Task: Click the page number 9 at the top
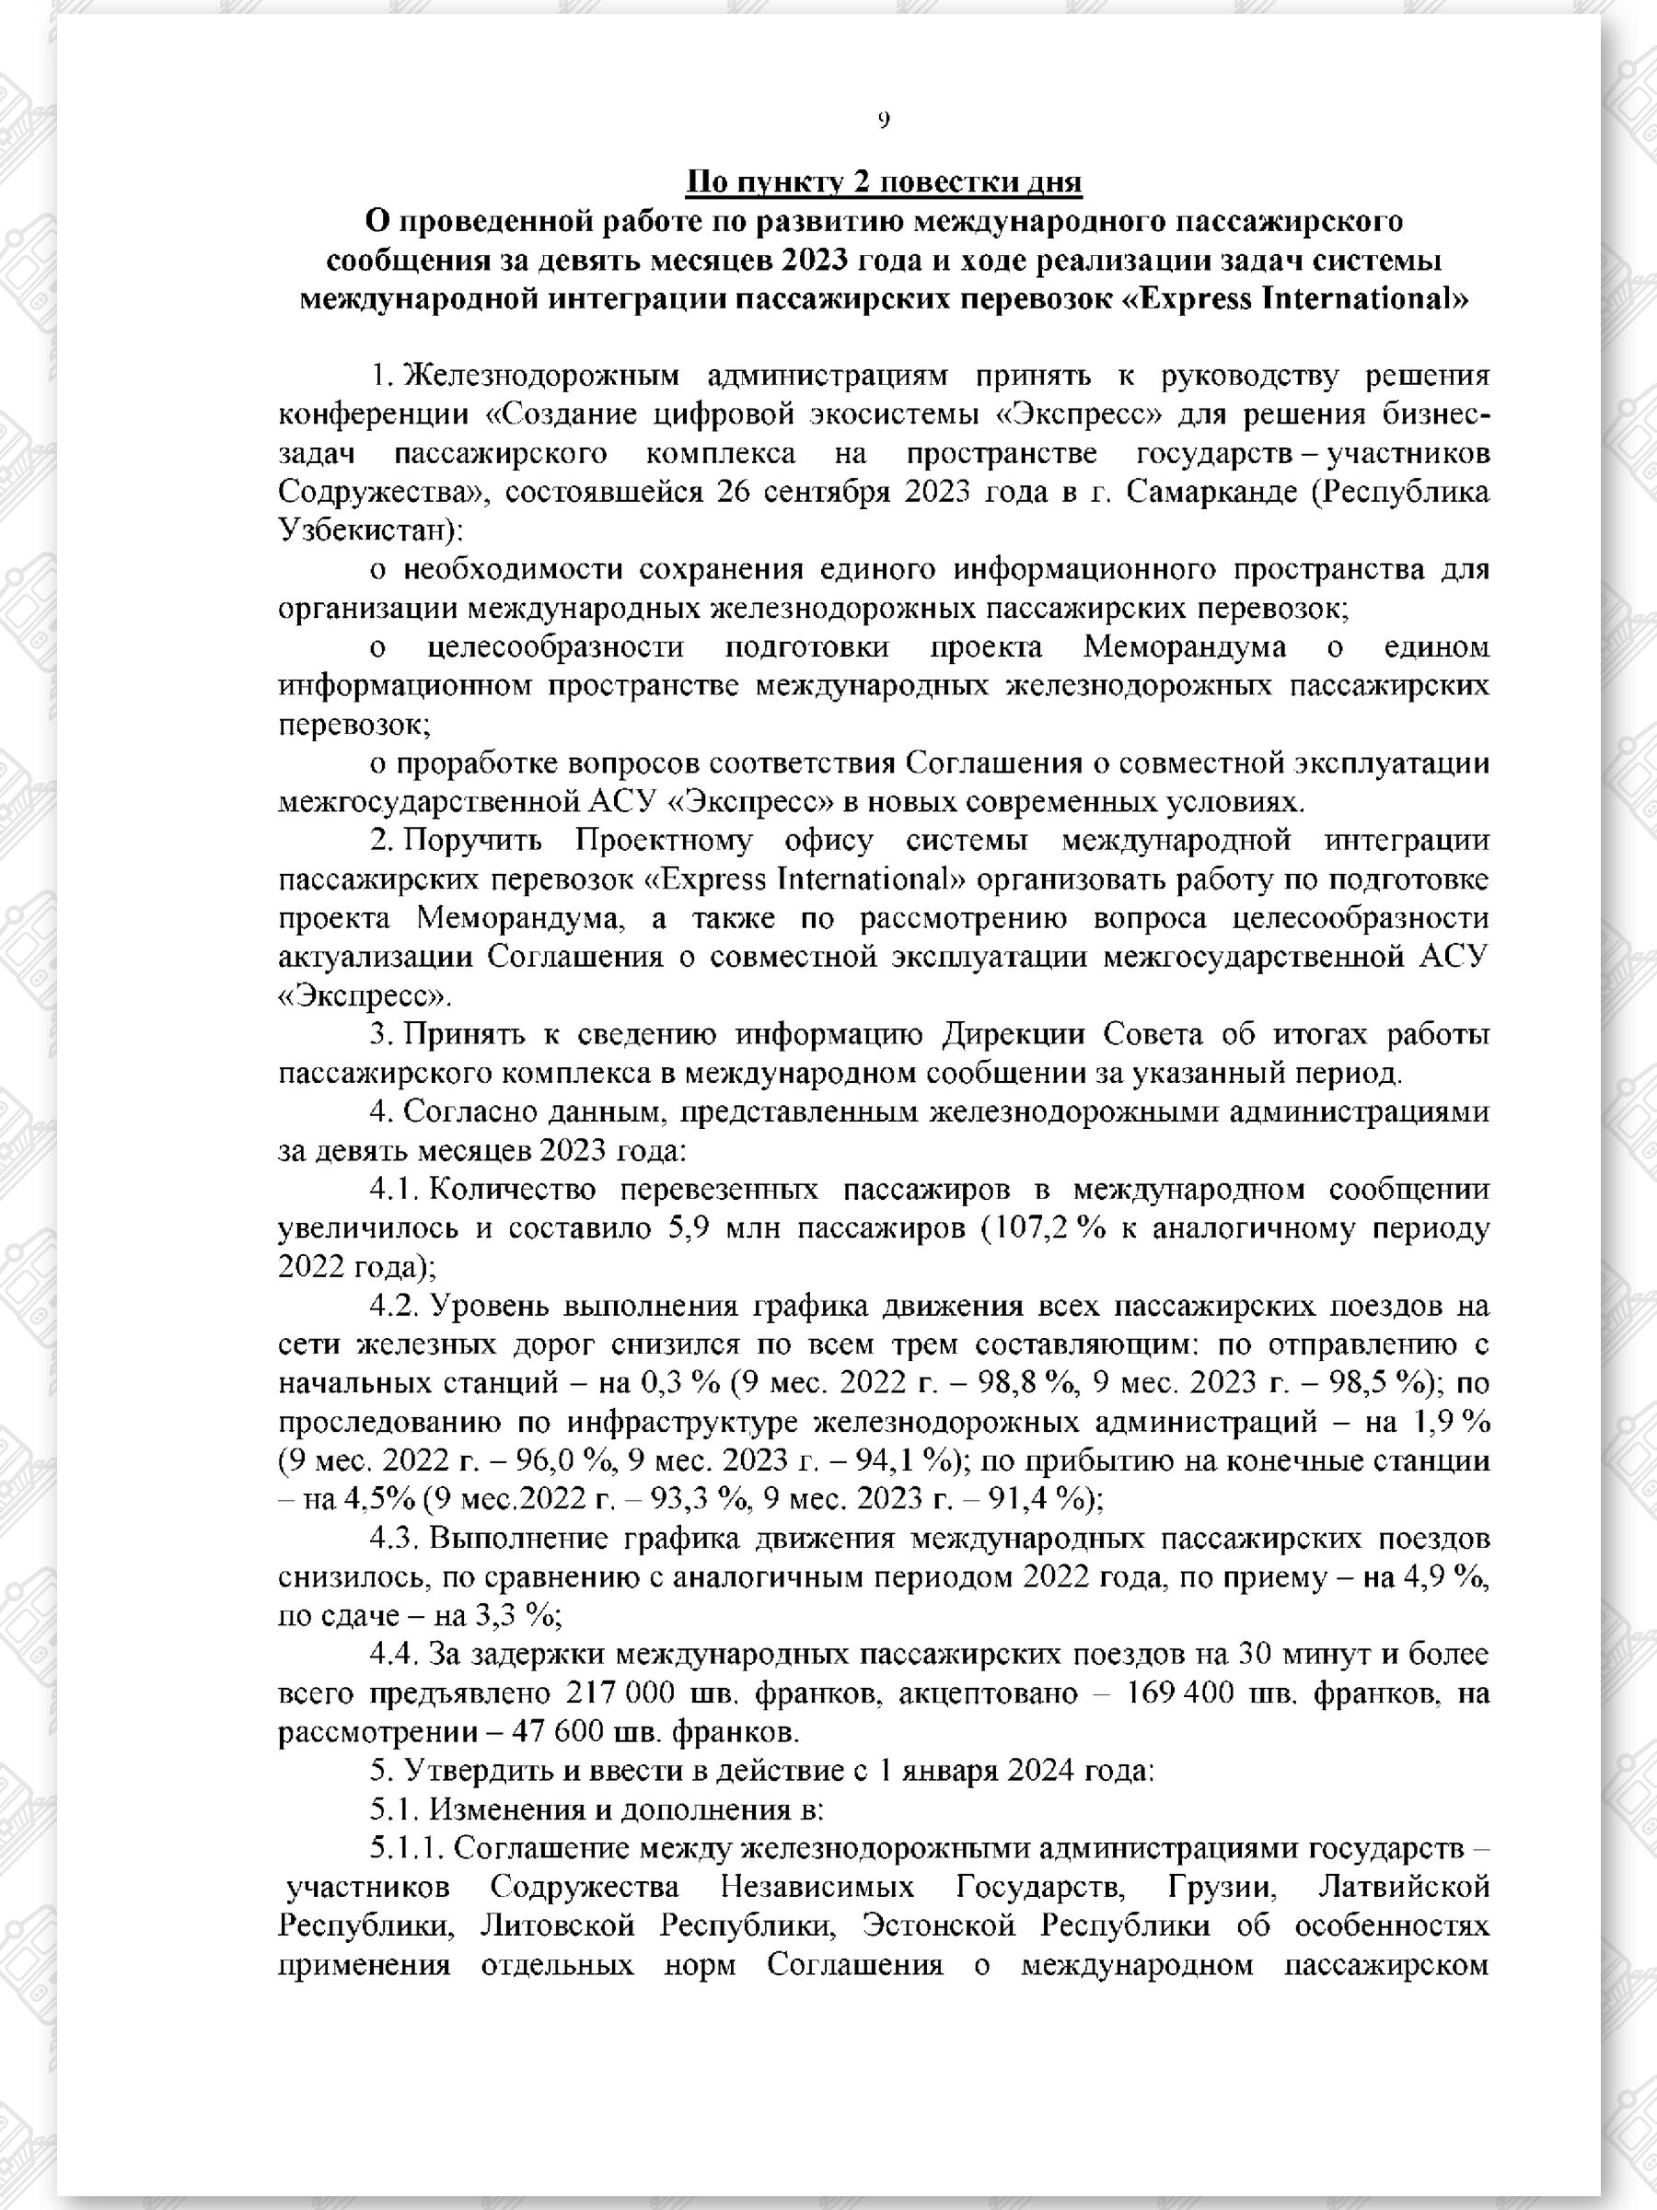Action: click(883, 121)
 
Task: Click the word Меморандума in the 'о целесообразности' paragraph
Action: click(1185, 647)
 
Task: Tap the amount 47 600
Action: click(571, 1732)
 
